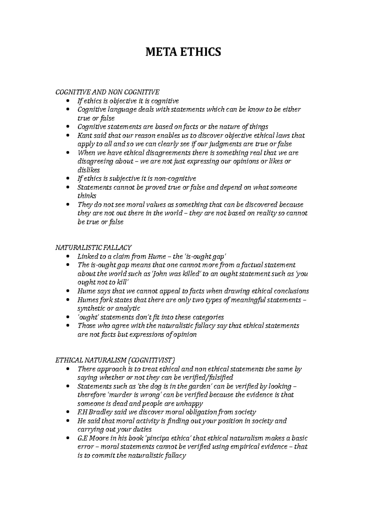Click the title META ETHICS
[183, 52]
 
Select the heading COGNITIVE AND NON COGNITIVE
[107, 92]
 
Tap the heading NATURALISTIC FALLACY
[93, 247]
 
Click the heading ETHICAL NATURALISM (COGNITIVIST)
[115, 360]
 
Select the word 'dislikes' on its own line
[89, 170]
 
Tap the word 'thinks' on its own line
[87, 196]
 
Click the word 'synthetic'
[91, 308]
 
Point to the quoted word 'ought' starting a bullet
[87, 317]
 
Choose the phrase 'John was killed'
[176, 274]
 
